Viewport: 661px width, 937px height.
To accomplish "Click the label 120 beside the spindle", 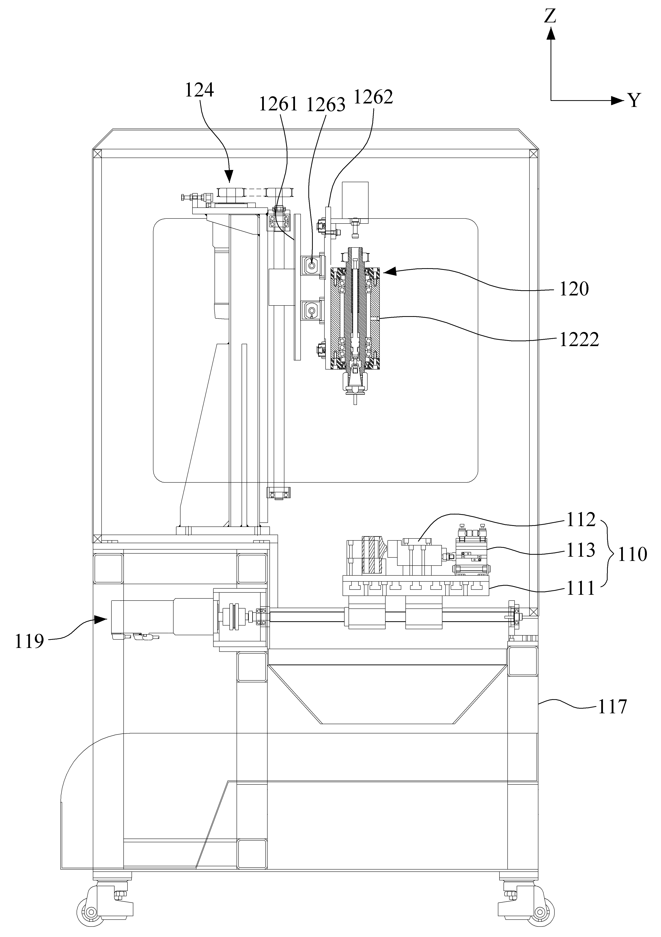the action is click(x=574, y=289).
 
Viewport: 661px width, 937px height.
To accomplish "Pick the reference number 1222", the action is click(x=579, y=339).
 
